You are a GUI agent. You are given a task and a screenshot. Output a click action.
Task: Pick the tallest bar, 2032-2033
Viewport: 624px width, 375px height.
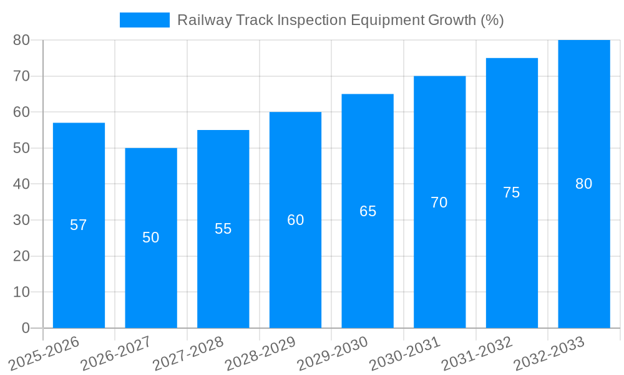583,250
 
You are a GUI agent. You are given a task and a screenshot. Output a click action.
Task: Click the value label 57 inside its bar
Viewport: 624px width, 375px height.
79,225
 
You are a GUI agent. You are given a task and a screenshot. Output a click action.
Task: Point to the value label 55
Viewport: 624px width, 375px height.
223,229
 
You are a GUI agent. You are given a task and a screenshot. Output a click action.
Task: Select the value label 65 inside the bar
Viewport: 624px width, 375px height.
368,211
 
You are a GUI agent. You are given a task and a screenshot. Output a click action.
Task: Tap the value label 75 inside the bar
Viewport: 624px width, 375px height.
511,192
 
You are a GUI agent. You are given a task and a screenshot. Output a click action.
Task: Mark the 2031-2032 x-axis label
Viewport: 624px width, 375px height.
477,353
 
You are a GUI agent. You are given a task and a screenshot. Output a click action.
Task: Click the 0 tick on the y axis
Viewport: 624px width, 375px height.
26,328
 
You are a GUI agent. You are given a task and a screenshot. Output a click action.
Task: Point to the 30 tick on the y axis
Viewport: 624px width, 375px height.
22,220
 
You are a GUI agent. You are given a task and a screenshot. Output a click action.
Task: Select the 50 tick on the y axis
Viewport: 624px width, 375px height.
22,148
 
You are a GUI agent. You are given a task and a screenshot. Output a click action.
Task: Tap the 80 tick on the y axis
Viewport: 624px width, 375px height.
22,40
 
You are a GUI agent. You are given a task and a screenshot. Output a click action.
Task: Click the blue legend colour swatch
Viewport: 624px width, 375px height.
144,20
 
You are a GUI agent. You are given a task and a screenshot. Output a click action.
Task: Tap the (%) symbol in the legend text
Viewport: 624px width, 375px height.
492,20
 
